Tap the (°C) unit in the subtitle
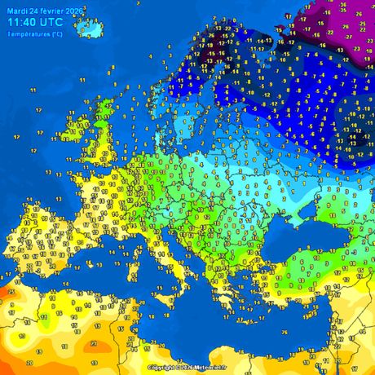coord(56,35)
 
